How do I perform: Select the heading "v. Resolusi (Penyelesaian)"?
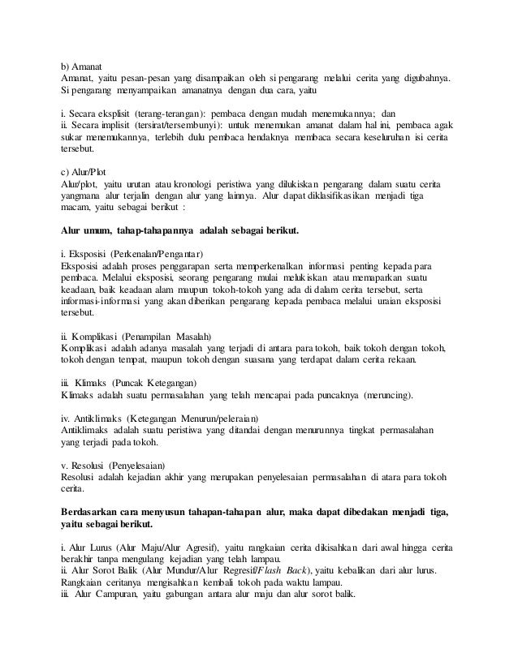point(114,466)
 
